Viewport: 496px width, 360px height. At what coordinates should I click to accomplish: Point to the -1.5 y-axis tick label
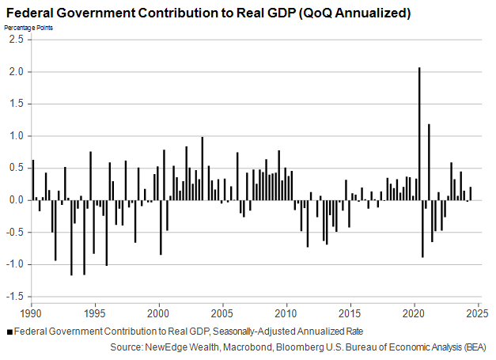pyautogui.click(x=13, y=297)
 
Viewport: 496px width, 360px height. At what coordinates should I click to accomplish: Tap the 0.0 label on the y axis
pyautogui.click(x=14, y=200)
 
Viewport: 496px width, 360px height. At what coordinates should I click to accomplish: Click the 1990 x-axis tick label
pyautogui.click(x=32, y=313)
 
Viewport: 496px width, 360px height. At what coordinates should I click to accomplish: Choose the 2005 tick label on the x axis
pyautogui.click(x=223, y=313)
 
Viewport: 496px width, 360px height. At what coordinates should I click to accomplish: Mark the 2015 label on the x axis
pyautogui.click(x=350, y=313)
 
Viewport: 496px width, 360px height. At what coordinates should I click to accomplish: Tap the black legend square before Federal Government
pyautogui.click(x=9, y=332)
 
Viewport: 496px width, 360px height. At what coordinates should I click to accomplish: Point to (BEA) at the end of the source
pyautogui.click(x=472, y=347)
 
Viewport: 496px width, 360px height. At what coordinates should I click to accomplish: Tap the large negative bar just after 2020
pyautogui.click(x=422, y=229)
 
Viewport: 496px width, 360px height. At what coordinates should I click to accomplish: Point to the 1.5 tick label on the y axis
pyautogui.click(x=14, y=104)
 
